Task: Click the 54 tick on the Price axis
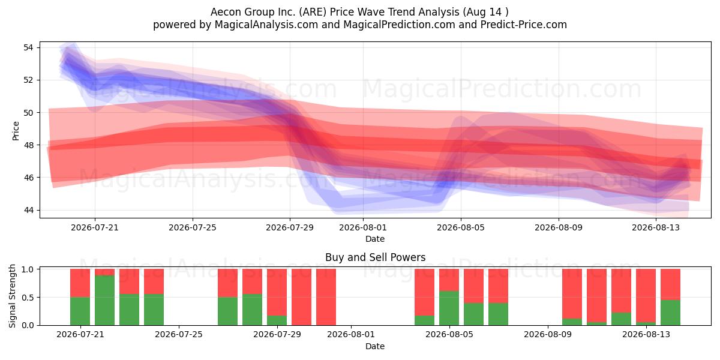click(x=28, y=47)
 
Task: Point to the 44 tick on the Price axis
click(x=28, y=210)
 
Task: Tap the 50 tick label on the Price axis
click(x=28, y=113)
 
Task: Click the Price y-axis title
click(x=16, y=131)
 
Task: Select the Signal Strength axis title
click(x=12, y=296)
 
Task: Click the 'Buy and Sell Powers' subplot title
click(x=375, y=257)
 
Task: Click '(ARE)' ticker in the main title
click(x=313, y=12)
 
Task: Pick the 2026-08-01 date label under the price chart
click(x=363, y=227)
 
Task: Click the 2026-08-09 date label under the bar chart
click(x=548, y=335)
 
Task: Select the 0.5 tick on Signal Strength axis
click(x=28, y=298)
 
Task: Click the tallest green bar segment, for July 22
click(x=105, y=300)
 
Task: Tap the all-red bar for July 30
click(x=301, y=297)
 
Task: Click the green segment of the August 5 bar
click(x=449, y=308)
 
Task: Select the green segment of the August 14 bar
click(x=671, y=313)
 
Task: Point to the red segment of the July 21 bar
click(x=80, y=283)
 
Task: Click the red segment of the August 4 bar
click(x=424, y=292)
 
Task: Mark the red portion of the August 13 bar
click(x=646, y=296)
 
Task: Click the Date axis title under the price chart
click(x=375, y=239)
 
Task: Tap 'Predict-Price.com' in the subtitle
click(x=524, y=25)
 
